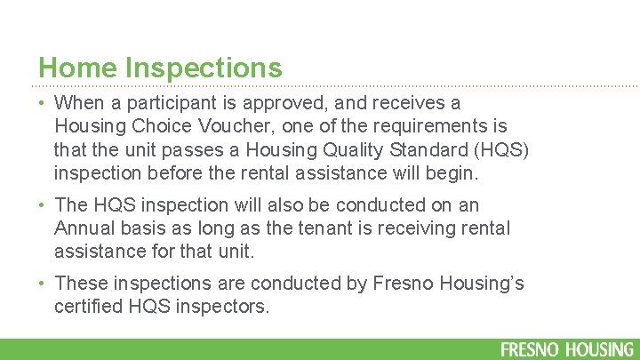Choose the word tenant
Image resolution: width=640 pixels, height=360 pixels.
[329, 228]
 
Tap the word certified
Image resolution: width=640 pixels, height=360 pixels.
[89, 306]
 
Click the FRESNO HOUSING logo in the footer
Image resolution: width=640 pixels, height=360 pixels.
[567, 348]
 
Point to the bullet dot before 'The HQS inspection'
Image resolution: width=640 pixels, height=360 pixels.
[44, 206]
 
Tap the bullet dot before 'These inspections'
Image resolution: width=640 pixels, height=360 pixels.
[44, 284]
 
